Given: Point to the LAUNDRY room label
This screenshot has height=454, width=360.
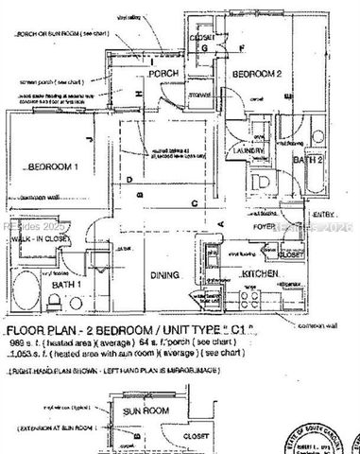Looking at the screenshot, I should pos(249,149).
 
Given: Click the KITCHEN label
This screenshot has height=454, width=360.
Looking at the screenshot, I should pos(257,273).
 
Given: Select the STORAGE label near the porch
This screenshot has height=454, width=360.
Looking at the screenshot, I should pos(199,95).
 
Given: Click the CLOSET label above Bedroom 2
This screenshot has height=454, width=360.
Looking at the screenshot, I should pos(200,39).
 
